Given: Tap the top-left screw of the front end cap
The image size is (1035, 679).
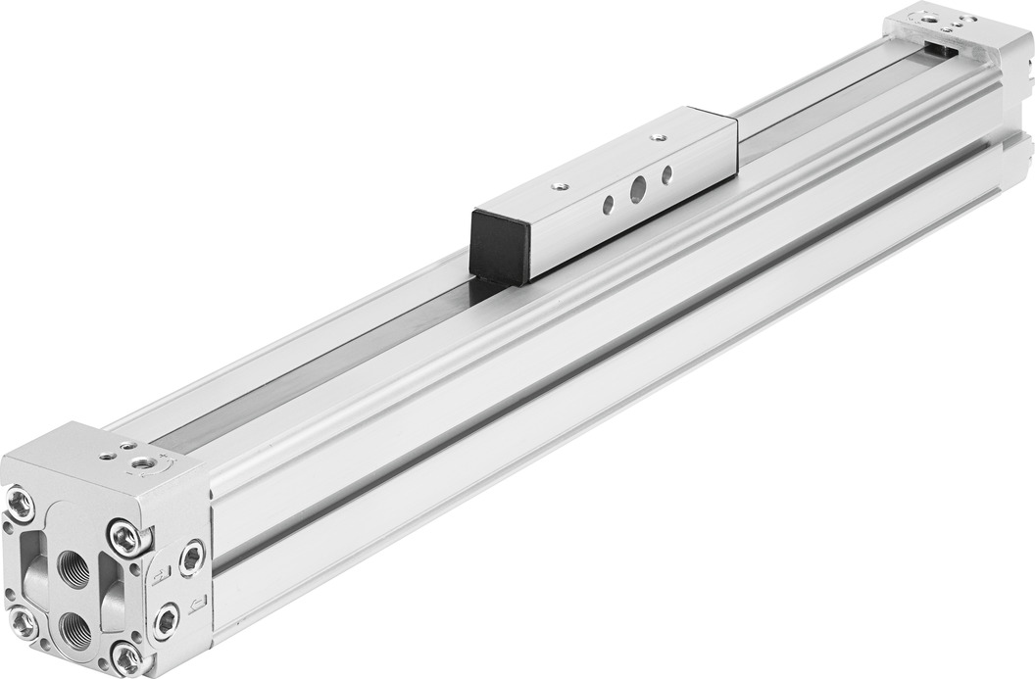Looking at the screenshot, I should coord(21,505).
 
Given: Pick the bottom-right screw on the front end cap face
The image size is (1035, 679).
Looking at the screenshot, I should coord(127,656).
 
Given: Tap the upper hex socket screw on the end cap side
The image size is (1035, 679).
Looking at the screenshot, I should coord(191,558).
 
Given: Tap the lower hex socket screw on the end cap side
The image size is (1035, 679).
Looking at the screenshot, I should coord(168,621).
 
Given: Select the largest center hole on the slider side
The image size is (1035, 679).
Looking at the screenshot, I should coord(637,190).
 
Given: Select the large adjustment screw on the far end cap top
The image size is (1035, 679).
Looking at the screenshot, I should coord(925,17).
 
